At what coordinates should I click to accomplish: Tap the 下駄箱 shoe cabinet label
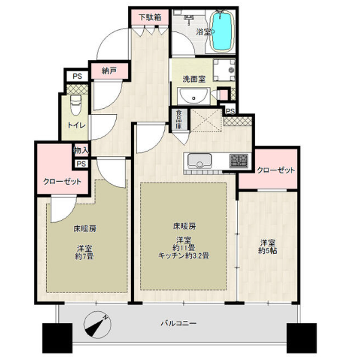pos(149,16)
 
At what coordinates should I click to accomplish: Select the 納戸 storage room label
pos(109,71)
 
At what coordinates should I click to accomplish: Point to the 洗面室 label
pos(194,78)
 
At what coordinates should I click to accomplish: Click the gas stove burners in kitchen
pos(239,159)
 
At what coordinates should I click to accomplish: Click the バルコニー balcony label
pos(179,324)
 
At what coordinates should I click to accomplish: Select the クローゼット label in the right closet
pos(276,170)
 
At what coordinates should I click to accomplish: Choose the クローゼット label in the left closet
pos(62,180)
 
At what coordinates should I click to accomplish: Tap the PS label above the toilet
pos(77,76)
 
